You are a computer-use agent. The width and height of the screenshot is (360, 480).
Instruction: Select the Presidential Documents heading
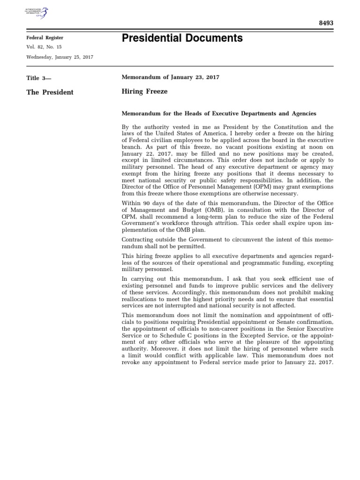tap(182, 38)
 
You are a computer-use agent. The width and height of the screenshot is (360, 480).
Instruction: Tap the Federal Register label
tap(45, 37)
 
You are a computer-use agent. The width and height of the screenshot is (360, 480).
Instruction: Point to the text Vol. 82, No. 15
tap(44, 47)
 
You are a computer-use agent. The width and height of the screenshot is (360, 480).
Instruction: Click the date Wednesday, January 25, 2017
tap(60, 57)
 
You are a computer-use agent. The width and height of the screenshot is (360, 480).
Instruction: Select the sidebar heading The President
tap(50, 92)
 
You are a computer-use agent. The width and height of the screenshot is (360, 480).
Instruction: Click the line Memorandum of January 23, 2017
tap(171, 77)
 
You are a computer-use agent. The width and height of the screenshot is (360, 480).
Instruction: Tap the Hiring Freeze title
tap(144, 92)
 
